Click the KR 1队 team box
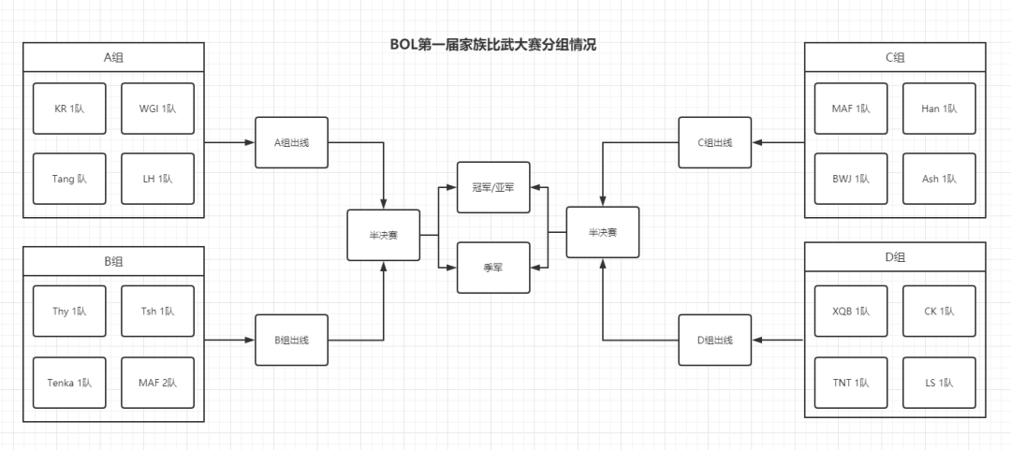coord(69,109)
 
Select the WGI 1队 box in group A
coord(157,109)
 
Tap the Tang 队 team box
coord(69,178)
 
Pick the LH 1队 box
coord(157,178)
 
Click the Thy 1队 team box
coord(69,312)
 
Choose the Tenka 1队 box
coord(69,383)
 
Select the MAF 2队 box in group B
coord(157,383)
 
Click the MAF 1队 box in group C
coord(851,109)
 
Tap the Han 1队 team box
coord(939,109)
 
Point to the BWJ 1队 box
coord(851,178)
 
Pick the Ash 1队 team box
coord(939,178)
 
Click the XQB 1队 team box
coord(851,312)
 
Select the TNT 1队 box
coord(851,383)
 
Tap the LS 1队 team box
coord(939,383)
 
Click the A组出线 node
coord(291,142)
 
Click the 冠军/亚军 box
coord(492,187)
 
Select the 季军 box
coord(492,267)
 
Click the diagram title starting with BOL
coord(492,44)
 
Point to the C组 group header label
coord(895,57)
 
